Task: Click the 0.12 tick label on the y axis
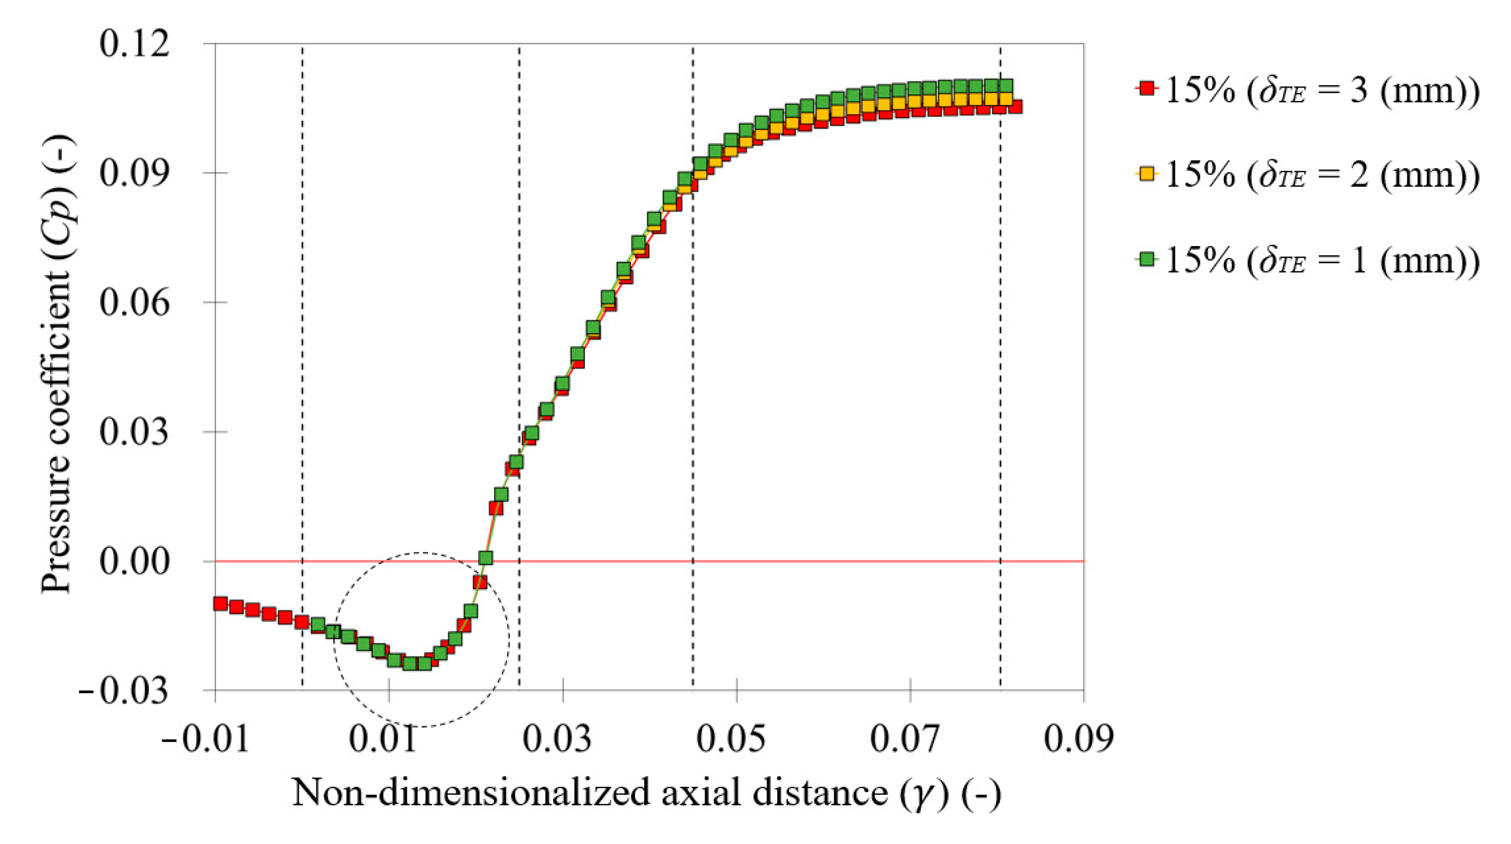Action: point(134,45)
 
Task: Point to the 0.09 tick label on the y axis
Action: point(134,174)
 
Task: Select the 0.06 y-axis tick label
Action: point(134,303)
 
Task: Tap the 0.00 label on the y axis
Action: point(134,562)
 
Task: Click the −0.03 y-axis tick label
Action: point(123,692)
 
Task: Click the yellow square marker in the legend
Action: point(1146,174)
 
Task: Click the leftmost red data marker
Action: point(221,604)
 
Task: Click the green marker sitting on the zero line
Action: point(485,558)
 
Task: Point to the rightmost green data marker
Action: point(1006,86)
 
